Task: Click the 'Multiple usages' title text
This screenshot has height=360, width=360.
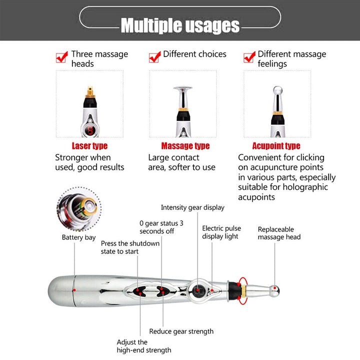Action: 180,24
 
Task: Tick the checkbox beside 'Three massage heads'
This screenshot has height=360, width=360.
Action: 62,58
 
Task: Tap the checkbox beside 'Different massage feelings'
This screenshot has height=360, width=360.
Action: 249,56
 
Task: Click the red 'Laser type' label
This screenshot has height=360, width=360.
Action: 89,146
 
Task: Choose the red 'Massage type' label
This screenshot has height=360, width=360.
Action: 185,146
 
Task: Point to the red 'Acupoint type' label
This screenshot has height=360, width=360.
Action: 276,146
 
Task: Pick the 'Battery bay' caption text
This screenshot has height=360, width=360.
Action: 78,237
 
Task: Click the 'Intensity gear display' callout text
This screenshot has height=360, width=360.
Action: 192,207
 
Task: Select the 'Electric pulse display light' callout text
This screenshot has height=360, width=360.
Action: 221,232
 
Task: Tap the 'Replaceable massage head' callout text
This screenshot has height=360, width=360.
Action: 279,233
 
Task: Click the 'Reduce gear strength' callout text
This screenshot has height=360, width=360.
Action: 181,331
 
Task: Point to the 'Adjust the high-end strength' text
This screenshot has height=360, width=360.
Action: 144,346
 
